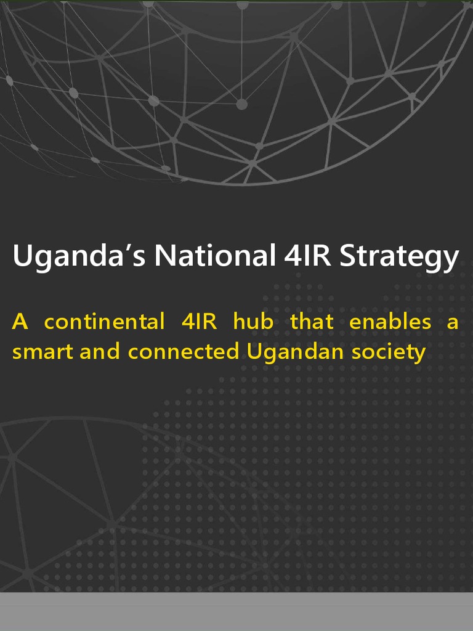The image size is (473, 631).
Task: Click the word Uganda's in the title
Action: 79,256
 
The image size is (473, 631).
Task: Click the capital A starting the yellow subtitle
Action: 20,322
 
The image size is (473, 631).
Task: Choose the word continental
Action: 104,322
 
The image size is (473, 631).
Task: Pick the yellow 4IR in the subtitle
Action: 198,322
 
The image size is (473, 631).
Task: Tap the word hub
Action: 253,322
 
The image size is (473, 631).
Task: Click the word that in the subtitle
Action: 312,322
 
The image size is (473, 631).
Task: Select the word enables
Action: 390,322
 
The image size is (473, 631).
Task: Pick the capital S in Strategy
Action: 349,256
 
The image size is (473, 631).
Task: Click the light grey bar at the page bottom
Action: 236,611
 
